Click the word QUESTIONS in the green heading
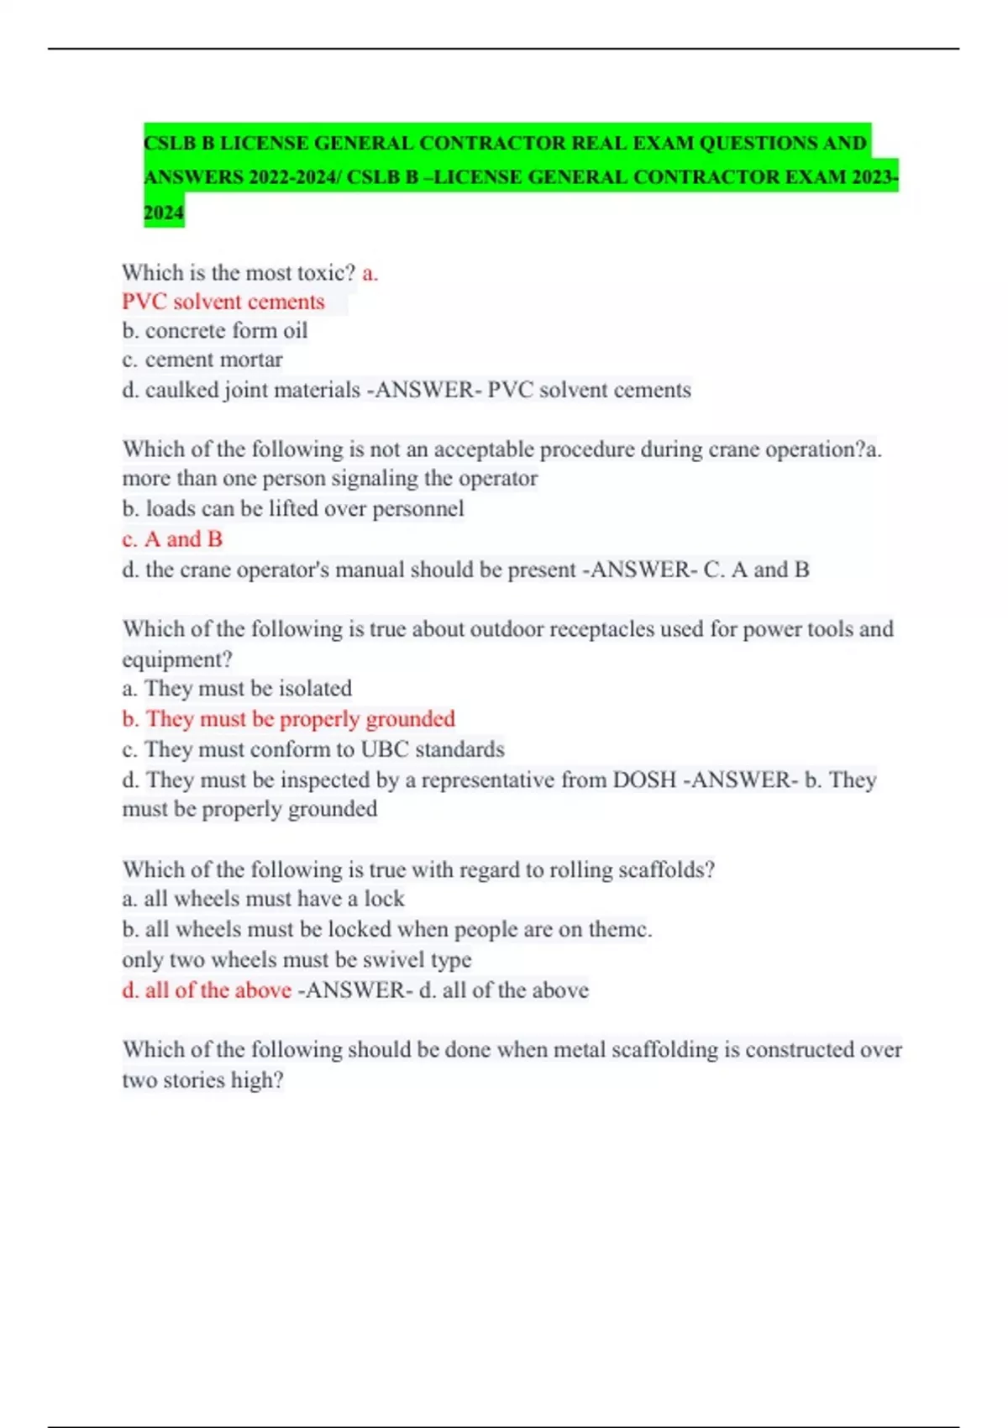tap(759, 144)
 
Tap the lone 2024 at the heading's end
tap(164, 213)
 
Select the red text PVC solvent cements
tap(223, 302)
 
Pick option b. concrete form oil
tap(215, 331)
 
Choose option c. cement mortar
tap(202, 360)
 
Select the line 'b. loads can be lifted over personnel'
tap(293, 509)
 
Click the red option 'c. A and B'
tap(172, 539)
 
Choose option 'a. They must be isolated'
tap(237, 689)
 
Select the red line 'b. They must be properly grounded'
tap(288, 719)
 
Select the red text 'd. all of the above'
tap(207, 990)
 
